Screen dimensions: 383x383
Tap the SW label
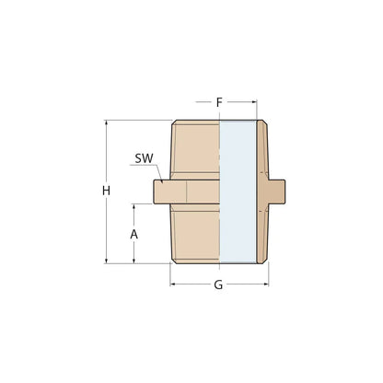[x=143, y=159]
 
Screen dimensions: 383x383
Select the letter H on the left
[x=107, y=191]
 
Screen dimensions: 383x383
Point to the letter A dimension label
[x=134, y=234]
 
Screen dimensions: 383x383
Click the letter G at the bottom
[x=218, y=284]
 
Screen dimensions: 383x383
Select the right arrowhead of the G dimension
[x=265, y=284]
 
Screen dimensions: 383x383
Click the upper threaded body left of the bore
[x=196, y=147]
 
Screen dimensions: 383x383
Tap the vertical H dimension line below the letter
[x=107, y=230]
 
